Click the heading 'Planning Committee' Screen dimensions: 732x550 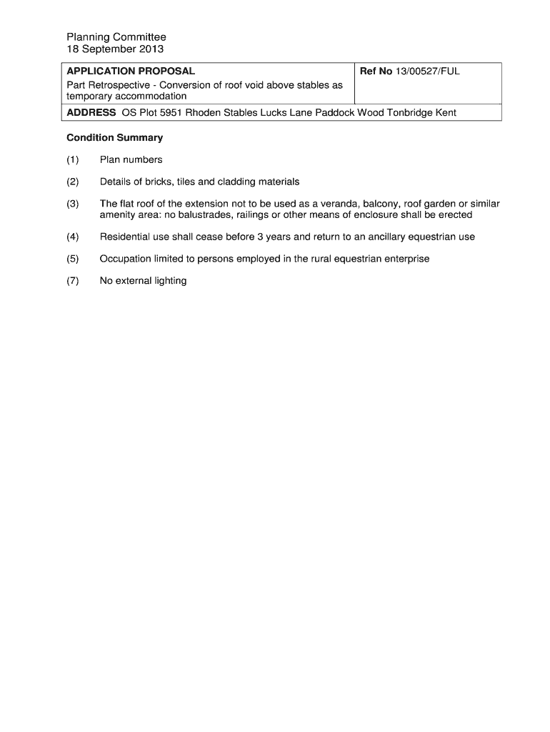click(x=116, y=37)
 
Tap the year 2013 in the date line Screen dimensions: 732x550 click(x=151, y=49)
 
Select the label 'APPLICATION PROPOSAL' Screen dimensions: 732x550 click(x=131, y=71)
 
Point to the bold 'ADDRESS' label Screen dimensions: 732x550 click(x=91, y=113)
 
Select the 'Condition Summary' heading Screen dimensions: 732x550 click(x=115, y=137)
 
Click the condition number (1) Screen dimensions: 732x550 click(x=73, y=159)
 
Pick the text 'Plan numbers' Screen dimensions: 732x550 click(x=131, y=159)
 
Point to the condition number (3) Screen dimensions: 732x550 click(x=73, y=204)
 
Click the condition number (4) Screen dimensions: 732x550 click(x=73, y=237)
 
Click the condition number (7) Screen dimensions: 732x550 click(x=73, y=281)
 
